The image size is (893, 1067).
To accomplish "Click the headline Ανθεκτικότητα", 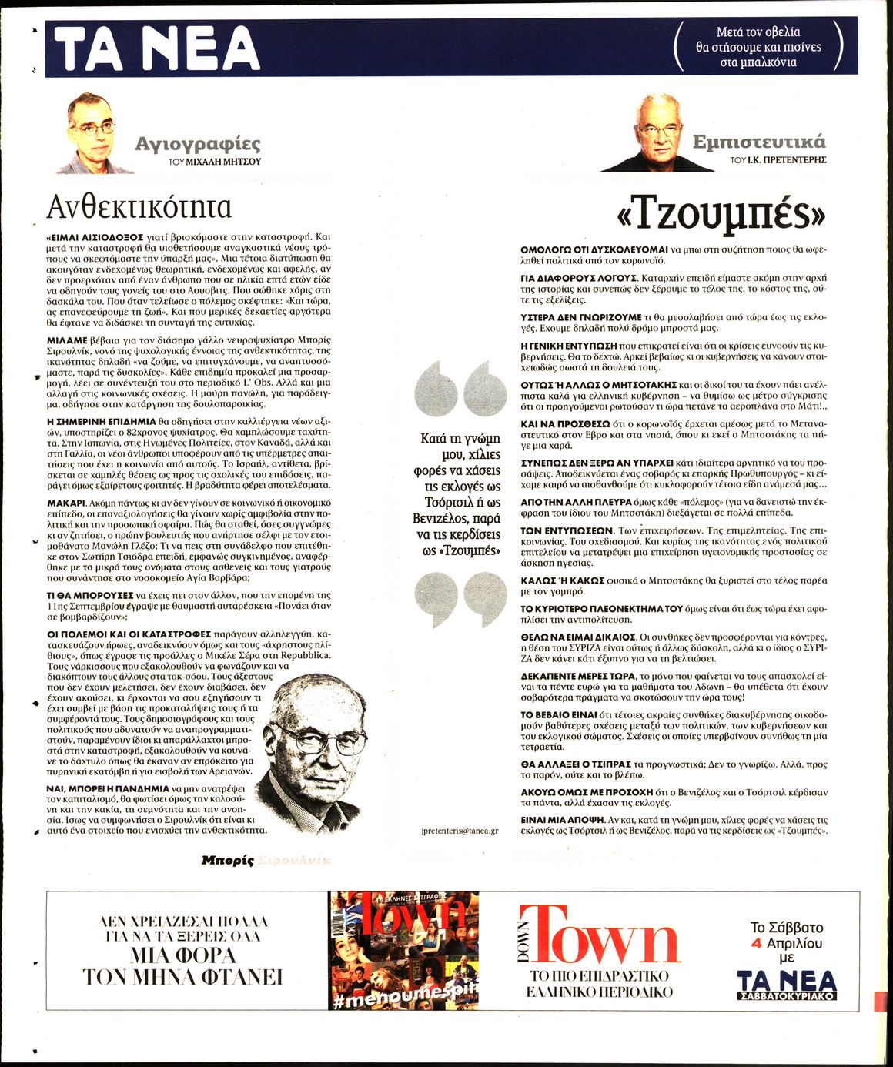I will tap(139, 206).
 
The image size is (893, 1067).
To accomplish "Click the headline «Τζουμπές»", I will tap(721, 215).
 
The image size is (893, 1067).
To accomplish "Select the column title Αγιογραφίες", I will tap(198, 143).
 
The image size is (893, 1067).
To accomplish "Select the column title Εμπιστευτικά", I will tap(758, 142).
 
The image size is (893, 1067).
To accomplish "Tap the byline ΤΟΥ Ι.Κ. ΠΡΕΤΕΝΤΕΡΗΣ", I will tap(778, 160).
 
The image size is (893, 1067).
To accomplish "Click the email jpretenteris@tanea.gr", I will tap(460, 831).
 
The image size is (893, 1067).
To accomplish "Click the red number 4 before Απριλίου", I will tap(757, 943).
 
